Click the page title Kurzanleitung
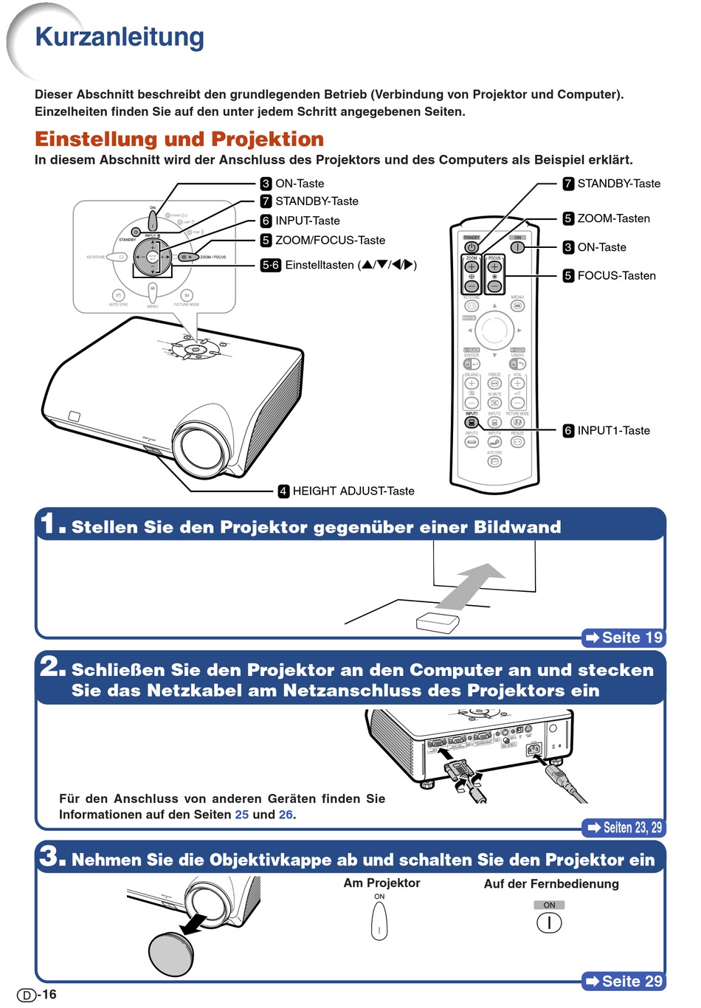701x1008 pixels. pos(120,37)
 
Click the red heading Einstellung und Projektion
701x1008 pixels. pos(179,139)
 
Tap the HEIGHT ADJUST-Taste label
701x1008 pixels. pos(353,491)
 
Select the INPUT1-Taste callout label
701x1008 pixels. pos(613,430)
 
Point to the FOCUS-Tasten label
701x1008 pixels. pos(616,275)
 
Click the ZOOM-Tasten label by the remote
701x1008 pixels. pos(613,218)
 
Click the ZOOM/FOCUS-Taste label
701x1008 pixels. pos(330,240)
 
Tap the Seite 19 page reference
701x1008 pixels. pos(624,638)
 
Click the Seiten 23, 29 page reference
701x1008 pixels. pos(624,827)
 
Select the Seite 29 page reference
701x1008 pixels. pos(624,981)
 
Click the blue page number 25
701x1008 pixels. pos(242,815)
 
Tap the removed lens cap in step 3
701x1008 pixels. pos(171,954)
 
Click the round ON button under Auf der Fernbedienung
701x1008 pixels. pos(549,922)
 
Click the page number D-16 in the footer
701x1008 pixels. pos(37,995)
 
